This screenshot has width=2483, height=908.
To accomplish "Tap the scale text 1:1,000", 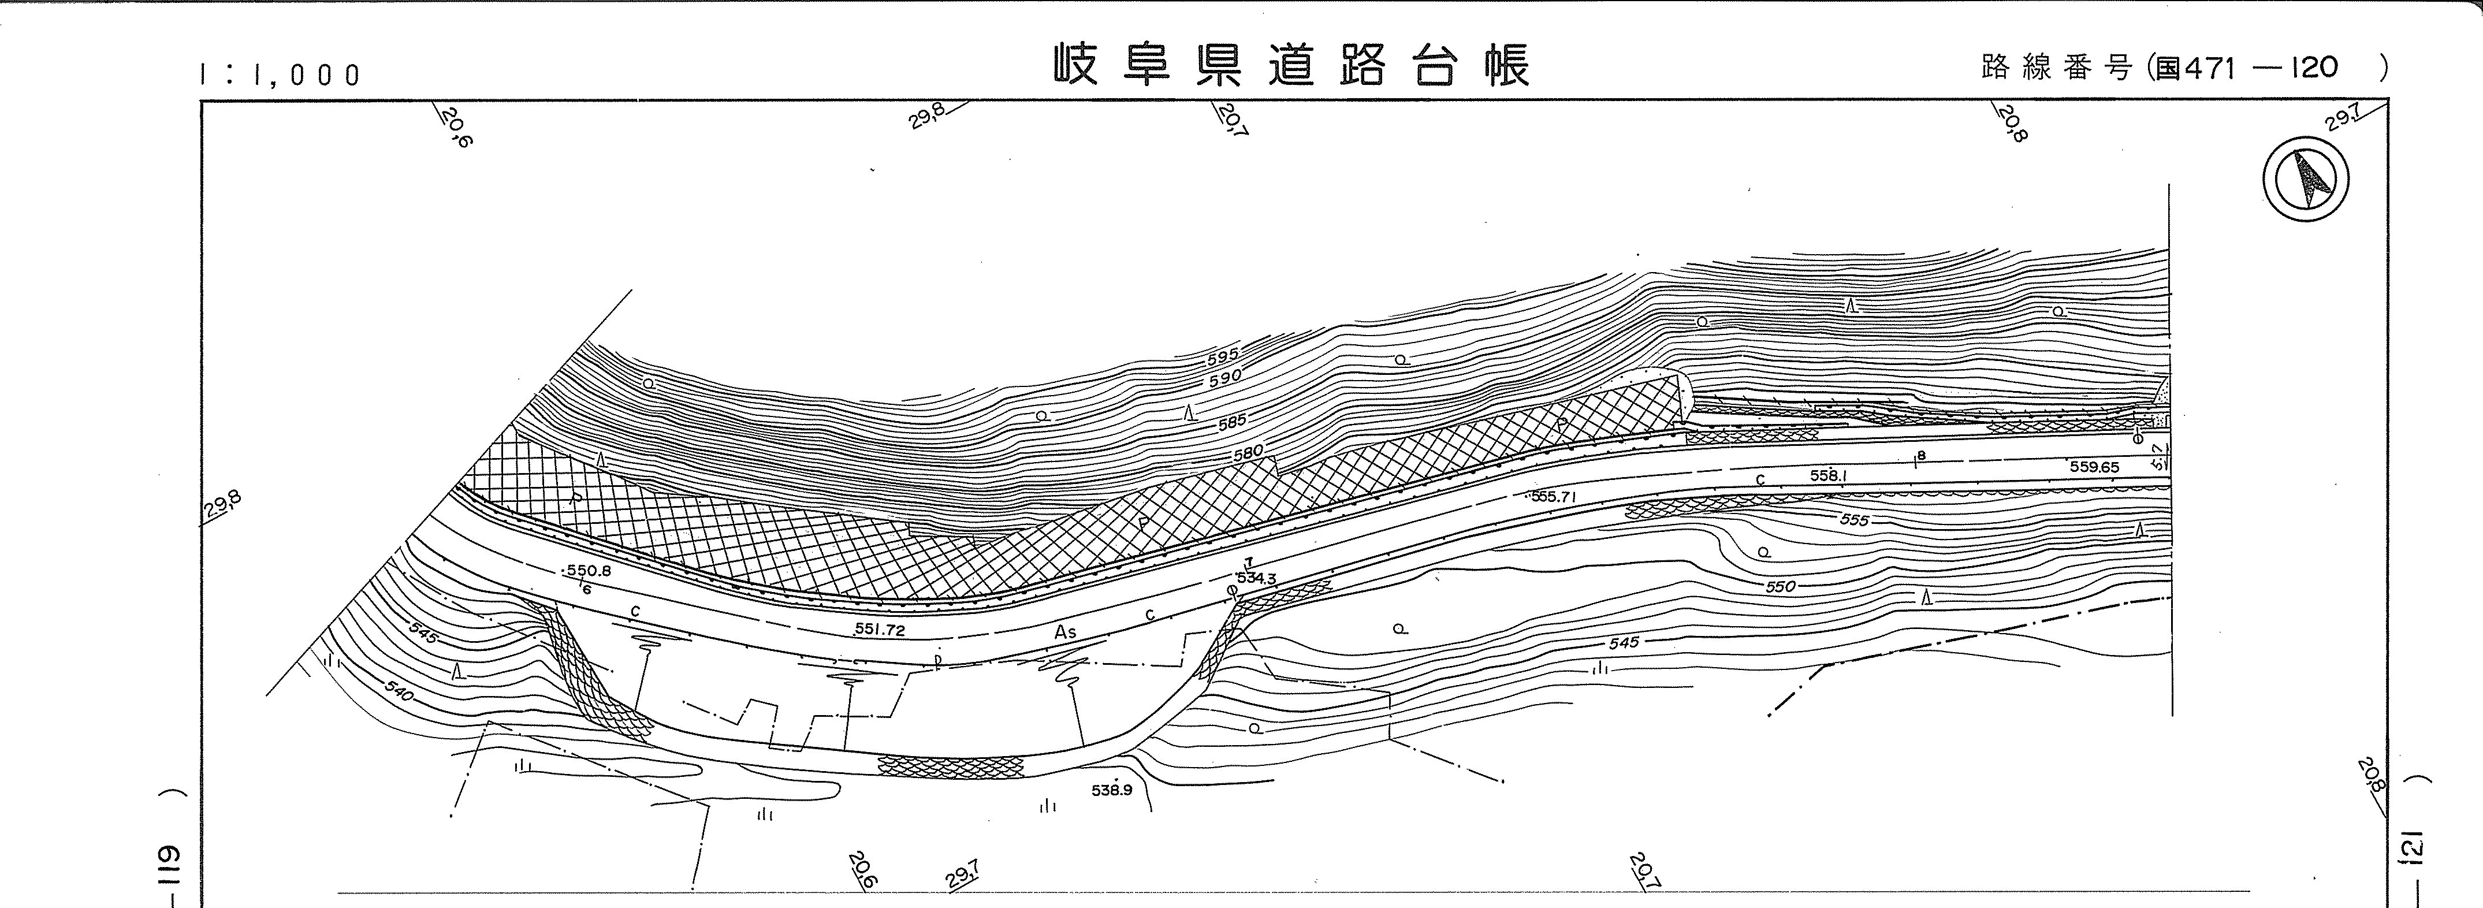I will pos(280,74).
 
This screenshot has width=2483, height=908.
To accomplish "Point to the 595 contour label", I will pos(1222,356).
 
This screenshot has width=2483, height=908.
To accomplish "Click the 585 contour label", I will pos(1232,421).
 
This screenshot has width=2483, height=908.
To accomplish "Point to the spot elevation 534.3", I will pos(1256,578).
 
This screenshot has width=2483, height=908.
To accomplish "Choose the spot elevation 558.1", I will pos(1827,475).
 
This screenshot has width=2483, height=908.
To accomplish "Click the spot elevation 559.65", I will pos(2094,467).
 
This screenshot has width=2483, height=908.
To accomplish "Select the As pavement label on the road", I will pos(1065,632).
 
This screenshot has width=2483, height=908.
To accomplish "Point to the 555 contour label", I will pos(1853,519).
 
